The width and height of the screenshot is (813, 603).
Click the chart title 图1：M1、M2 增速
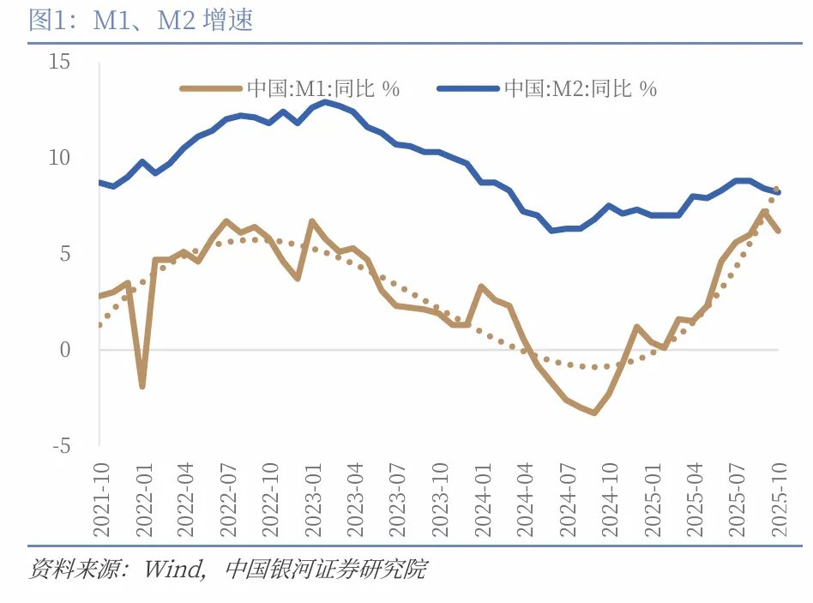141,21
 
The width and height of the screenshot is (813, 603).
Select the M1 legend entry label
323,88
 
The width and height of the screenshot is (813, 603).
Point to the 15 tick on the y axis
59,62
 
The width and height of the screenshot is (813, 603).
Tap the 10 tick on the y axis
59,158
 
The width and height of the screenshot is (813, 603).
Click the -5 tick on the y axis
62,446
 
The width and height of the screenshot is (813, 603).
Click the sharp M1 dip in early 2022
142,386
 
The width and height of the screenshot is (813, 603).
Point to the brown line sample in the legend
211,88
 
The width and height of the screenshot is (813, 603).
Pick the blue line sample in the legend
467,88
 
